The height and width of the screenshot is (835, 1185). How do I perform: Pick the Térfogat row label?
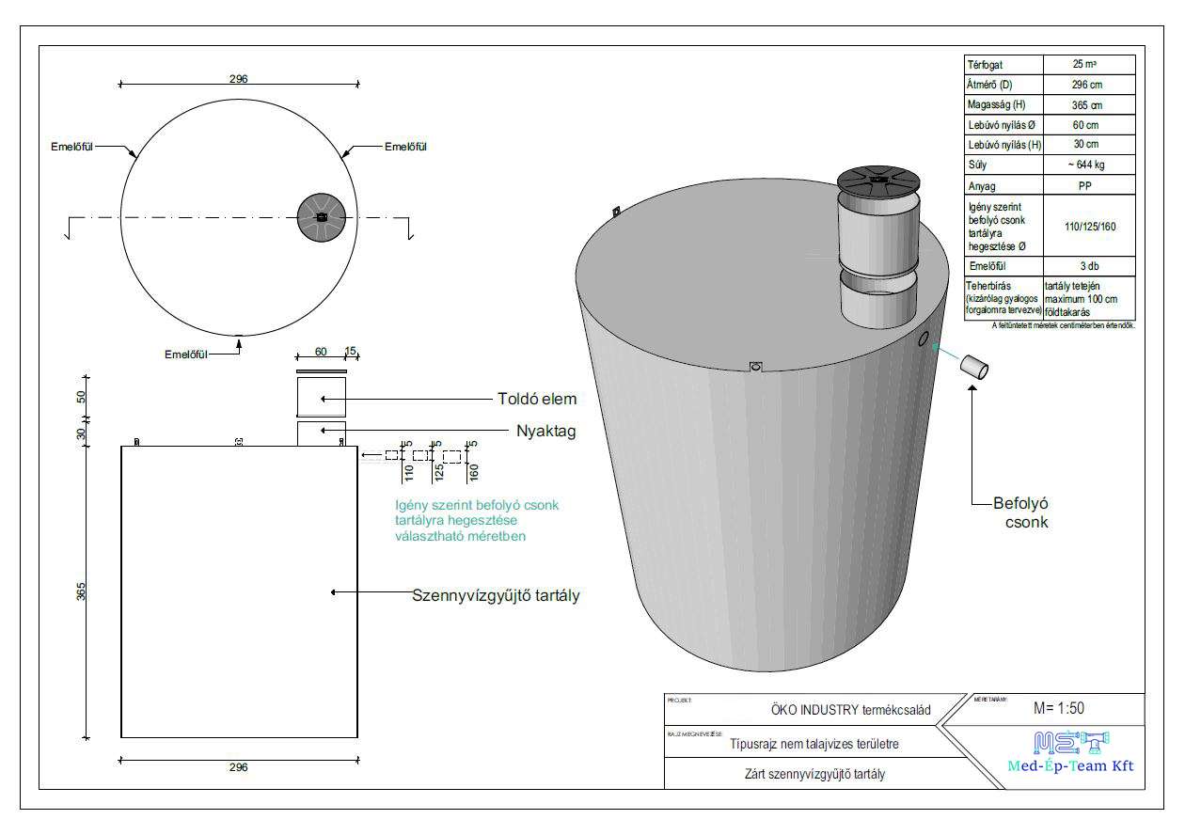click(987, 65)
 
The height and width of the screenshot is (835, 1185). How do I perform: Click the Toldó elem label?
click(536, 399)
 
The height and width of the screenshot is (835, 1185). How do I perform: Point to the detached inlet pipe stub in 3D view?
click(974, 369)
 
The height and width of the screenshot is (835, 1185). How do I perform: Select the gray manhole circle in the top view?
click(321, 217)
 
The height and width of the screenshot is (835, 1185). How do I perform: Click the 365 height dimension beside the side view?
click(82, 592)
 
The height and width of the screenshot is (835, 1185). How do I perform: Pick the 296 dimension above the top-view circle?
click(238, 79)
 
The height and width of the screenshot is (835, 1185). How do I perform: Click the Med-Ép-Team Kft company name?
click(1069, 765)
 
